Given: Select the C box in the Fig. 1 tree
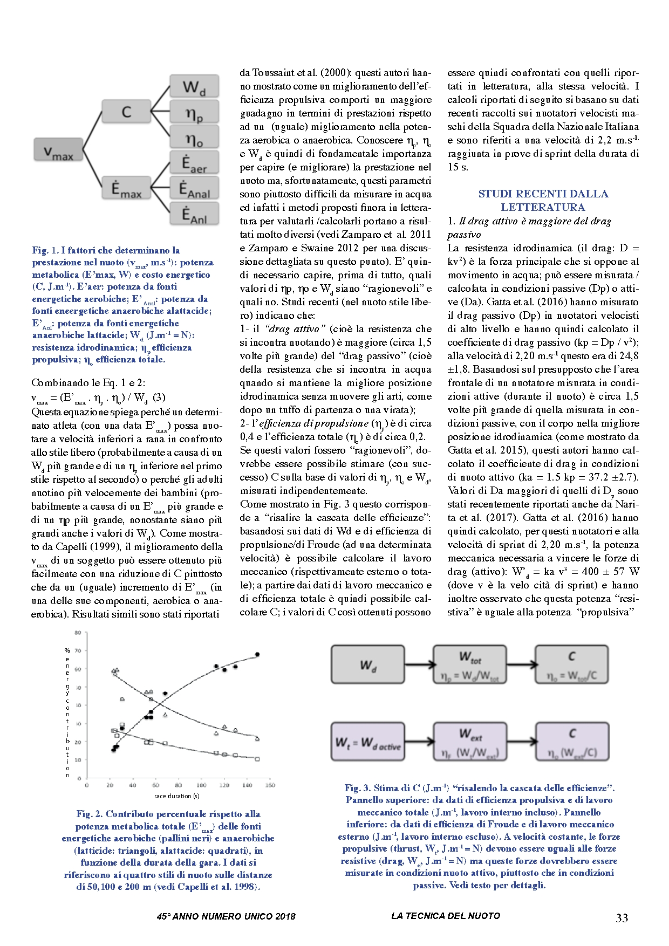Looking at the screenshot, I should tap(126, 112).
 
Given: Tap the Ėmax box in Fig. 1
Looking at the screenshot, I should tap(126, 189).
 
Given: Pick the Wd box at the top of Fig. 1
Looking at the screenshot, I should tap(194, 87).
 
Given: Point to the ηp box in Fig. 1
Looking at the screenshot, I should tap(194, 113).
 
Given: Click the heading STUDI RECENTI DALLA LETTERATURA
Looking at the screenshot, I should tap(543, 201).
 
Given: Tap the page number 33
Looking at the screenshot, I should tap(622, 917).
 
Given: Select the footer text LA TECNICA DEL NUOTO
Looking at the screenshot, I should tap(446, 916).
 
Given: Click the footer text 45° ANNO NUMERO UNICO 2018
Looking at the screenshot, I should tap(226, 916).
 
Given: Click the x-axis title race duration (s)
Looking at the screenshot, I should tap(176, 796).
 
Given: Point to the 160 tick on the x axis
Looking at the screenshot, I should tap(270, 785).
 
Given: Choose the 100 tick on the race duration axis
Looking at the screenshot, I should tap(201, 785).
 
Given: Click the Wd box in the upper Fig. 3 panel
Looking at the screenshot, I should tap(368, 665).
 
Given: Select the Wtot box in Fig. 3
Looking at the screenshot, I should tap(470, 665).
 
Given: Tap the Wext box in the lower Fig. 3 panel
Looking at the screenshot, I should tap(470, 742).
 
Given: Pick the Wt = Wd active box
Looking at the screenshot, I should tap(368, 742).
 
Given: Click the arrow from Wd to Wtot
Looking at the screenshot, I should tap(419, 665).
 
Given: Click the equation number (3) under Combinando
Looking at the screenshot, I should tap(159, 397).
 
